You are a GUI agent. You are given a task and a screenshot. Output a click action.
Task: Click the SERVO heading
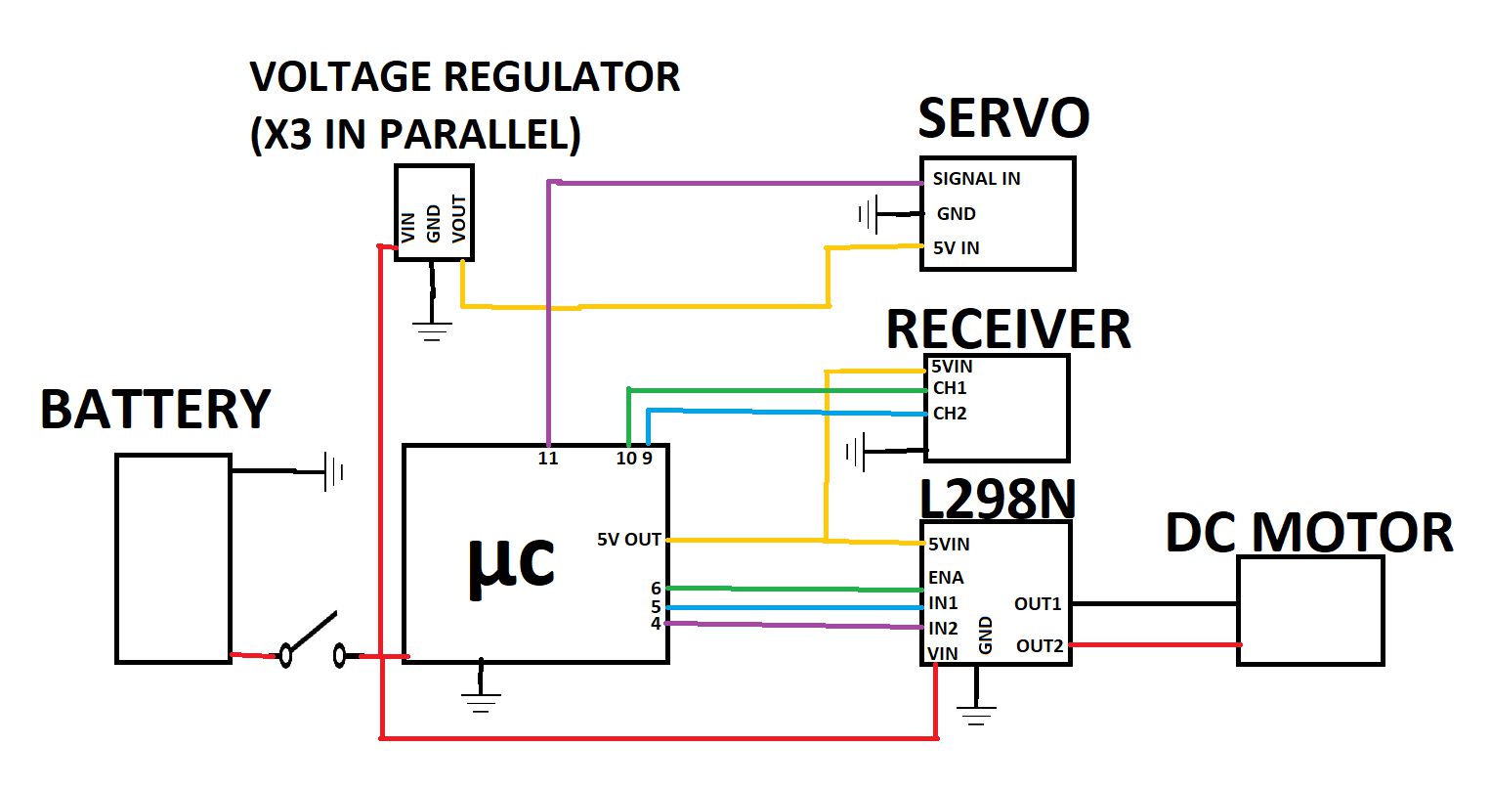point(1003,118)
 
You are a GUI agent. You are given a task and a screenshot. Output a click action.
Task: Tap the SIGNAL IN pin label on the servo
point(976,179)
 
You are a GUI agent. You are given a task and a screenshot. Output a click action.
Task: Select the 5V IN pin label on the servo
point(956,248)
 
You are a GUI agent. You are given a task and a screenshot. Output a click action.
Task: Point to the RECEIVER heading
point(1008,329)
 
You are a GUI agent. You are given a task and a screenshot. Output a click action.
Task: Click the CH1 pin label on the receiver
point(950,388)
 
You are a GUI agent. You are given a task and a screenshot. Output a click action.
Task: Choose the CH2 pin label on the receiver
point(950,414)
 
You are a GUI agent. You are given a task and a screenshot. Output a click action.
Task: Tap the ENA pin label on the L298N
point(946,578)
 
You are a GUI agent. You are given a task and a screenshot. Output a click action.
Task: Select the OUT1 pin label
point(1038,604)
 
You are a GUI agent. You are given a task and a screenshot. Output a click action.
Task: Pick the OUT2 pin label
point(1040,646)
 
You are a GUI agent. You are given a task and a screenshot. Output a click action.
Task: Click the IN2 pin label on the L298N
point(943,628)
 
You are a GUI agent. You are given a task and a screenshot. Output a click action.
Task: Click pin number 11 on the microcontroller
point(548,459)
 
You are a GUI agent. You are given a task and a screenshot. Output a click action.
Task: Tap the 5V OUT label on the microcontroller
point(629,540)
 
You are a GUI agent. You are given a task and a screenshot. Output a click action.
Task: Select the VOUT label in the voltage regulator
point(458,218)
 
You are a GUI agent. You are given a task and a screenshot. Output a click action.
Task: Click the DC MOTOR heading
point(1309,533)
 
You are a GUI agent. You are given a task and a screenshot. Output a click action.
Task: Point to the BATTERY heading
point(155,409)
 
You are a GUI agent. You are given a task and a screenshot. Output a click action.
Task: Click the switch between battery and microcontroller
point(313,640)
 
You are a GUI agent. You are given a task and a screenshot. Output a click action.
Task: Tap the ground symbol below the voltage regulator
point(432,331)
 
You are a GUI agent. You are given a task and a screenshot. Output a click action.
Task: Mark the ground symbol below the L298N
point(976,716)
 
